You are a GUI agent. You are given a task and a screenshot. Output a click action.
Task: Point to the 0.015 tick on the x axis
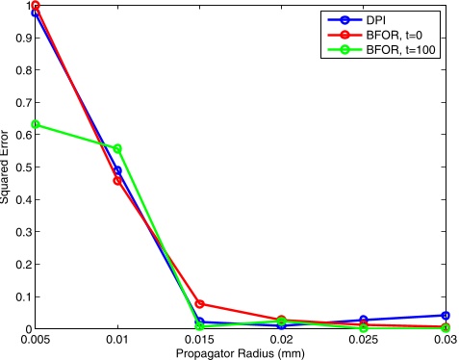pos(199,338)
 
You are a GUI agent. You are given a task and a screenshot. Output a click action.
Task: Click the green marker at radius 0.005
pos(36,124)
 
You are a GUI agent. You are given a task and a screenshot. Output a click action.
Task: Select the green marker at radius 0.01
pos(117,149)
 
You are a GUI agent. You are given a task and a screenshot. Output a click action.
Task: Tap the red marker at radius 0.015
pos(199,304)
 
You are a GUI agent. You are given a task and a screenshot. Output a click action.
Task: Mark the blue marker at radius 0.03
pos(446,316)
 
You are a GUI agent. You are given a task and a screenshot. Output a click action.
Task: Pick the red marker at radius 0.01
pos(117,180)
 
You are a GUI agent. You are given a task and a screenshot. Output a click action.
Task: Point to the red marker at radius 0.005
pos(36,6)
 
